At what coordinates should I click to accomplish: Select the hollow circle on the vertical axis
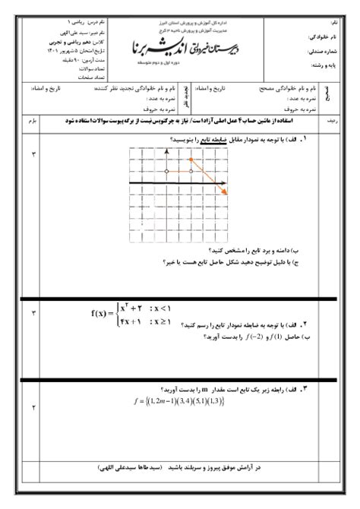[166, 172]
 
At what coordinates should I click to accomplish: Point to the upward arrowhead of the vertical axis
[166, 152]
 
